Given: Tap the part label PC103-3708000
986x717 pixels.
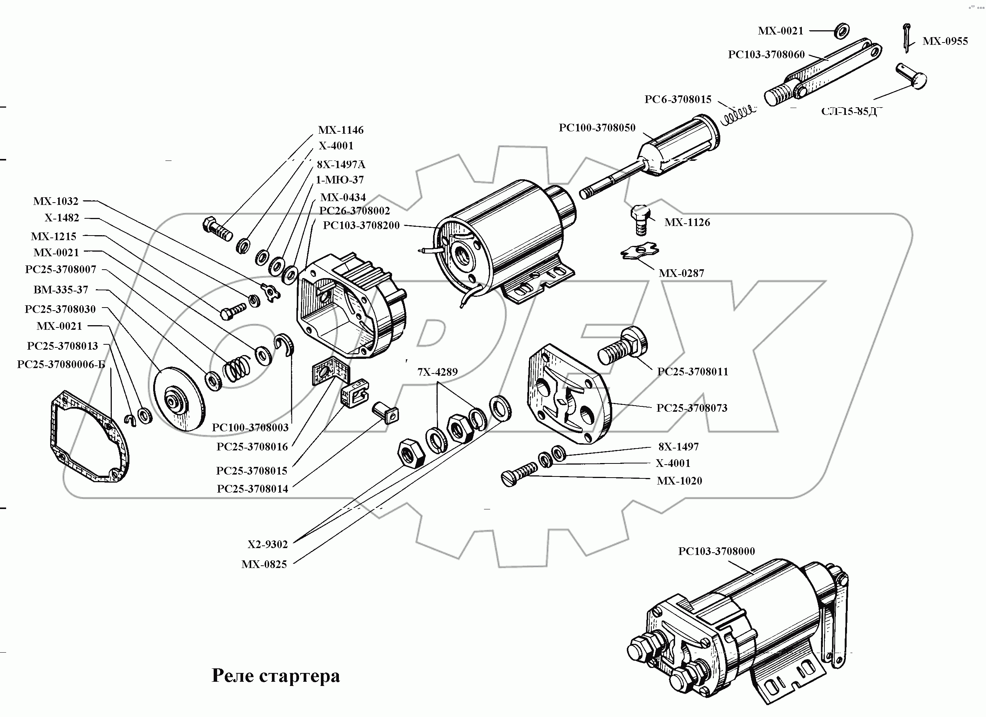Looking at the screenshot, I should pyautogui.click(x=716, y=551).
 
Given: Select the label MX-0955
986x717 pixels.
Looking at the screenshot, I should pyautogui.click(x=945, y=41).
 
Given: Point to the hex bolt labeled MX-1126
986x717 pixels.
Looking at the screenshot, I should pyautogui.click(x=640, y=219).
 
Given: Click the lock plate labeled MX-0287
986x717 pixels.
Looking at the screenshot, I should pyautogui.click(x=639, y=251).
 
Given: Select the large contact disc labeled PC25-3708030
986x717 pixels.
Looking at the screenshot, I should pyautogui.click(x=179, y=399).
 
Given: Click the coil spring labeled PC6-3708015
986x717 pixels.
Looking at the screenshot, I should pyautogui.click(x=738, y=115).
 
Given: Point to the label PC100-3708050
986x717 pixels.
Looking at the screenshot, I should pyautogui.click(x=597, y=128).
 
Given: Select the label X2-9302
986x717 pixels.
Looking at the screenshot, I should pyautogui.click(x=268, y=544).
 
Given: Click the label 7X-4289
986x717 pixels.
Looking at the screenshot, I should pyautogui.click(x=437, y=372).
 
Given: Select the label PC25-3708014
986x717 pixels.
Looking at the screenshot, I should pyautogui.click(x=252, y=489).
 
